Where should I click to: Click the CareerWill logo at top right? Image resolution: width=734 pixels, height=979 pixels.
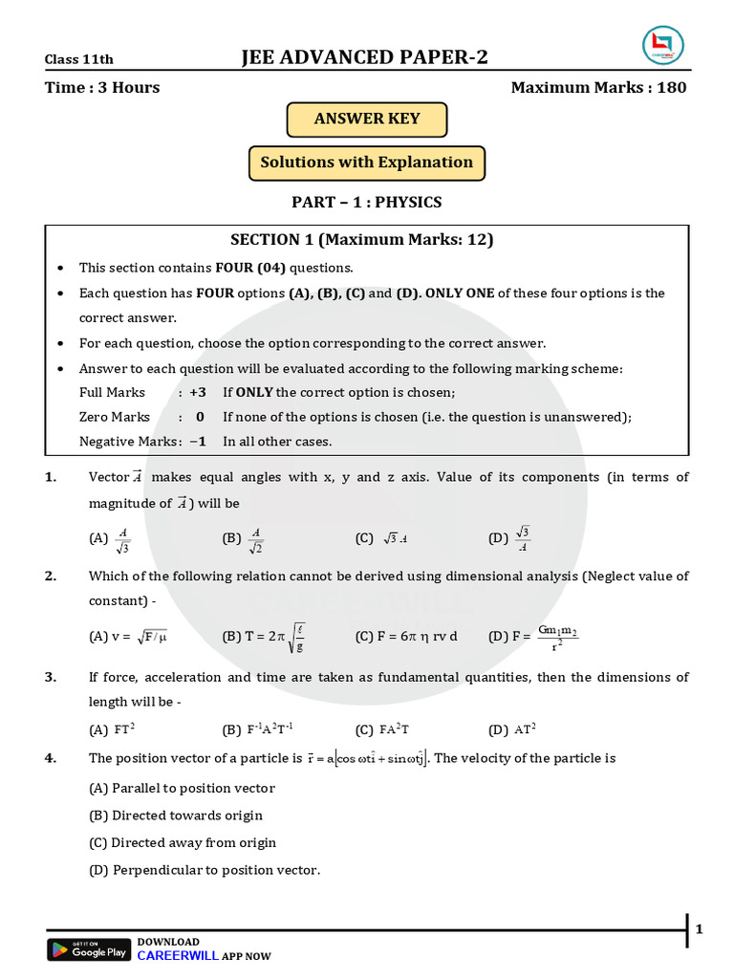pyautogui.click(x=661, y=47)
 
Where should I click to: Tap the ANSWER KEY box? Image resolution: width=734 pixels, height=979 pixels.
pyautogui.click(x=367, y=120)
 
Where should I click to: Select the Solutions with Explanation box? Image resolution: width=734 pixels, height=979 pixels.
pyautogui.click(x=367, y=163)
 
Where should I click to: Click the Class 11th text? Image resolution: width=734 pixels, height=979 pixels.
pyautogui.click(x=79, y=59)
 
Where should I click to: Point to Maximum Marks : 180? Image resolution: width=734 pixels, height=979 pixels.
pyautogui.click(x=598, y=88)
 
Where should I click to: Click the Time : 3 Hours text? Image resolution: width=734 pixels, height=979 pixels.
pyautogui.click(x=102, y=88)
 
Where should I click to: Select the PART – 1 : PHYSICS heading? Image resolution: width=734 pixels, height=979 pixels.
pyautogui.click(x=367, y=203)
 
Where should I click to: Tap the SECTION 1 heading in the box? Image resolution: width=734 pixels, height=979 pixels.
pyautogui.click(x=362, y=240)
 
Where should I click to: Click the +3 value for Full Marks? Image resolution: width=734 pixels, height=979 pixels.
pyautogui.click(x=198, y=392)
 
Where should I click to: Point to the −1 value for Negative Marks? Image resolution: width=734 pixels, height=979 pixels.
pyautogui.click(x=198, y=442)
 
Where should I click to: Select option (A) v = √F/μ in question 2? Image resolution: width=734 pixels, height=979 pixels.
pyautogui.click(x=128, y=637)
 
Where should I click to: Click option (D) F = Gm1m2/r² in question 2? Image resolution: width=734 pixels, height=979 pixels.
pyautogui.click(x=533, y=637)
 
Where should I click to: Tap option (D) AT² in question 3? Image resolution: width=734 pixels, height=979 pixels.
pyautogui.click(x=512, y=730)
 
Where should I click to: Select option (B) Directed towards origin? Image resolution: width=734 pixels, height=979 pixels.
pyautogui.click(x=175, y=816)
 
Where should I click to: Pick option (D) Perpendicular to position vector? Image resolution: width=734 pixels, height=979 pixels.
pyautogui.click(x=204, y=870)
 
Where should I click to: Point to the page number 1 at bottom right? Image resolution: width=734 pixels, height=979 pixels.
pyautogui.click(x=699, y=929)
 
